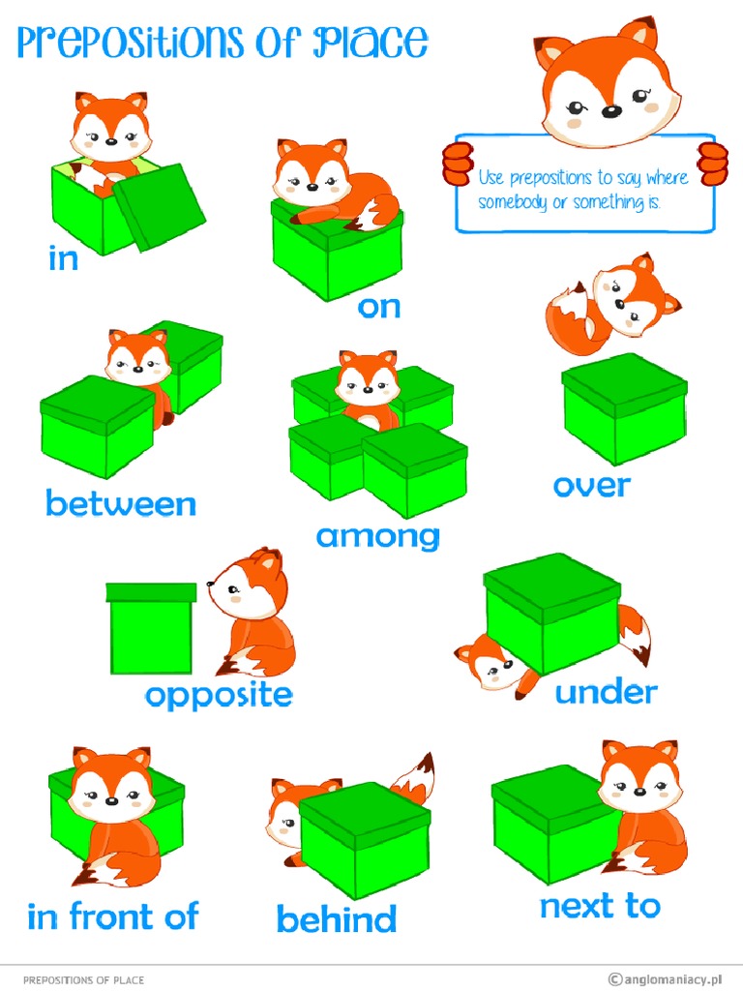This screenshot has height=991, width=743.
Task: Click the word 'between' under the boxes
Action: coord(120,503)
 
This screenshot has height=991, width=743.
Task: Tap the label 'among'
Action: coord(377,535)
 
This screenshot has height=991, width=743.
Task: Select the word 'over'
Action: coord(591,485)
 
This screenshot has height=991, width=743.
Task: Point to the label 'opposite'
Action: coord(219,695)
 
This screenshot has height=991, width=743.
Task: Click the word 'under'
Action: coord(606,691)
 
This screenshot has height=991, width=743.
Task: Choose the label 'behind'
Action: coord(336,918)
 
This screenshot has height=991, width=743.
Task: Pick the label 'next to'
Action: coord(600,907)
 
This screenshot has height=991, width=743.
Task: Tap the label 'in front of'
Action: coord(112,916)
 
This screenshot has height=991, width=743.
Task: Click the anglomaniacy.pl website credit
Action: coord(669,979)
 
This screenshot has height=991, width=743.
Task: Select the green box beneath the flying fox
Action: coord(624,407)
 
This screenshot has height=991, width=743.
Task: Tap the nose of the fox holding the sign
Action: coord(610,111)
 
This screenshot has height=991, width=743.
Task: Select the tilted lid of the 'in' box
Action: coord(159,205)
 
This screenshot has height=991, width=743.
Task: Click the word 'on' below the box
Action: coord(378,307)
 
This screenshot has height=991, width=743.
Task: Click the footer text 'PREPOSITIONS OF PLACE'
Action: coord(83,979)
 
